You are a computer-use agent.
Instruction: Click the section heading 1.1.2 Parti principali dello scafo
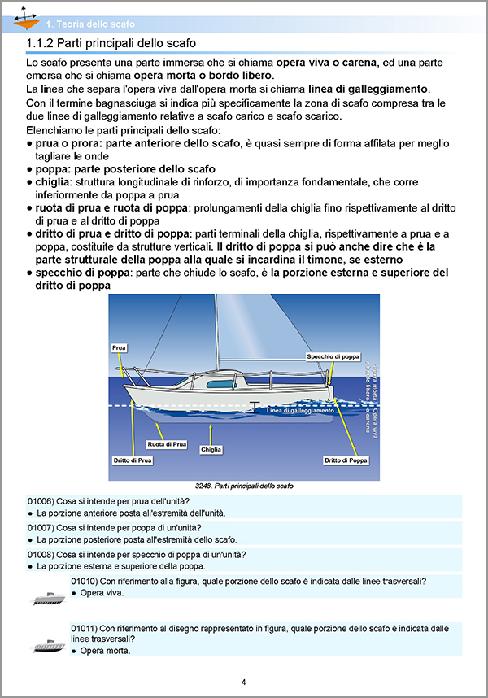[112, 43]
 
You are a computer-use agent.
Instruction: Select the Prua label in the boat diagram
[119, 347]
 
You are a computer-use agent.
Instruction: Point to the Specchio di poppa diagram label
[333, 357]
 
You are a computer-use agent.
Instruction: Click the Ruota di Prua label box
[168, 445]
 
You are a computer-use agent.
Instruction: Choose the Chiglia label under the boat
[211, 449]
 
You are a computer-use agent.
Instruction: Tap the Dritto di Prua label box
[133, 460]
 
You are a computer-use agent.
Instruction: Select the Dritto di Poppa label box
[346, 460]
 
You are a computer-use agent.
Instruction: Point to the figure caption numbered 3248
[244, 486]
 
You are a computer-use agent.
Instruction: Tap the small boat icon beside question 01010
[47, 599]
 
